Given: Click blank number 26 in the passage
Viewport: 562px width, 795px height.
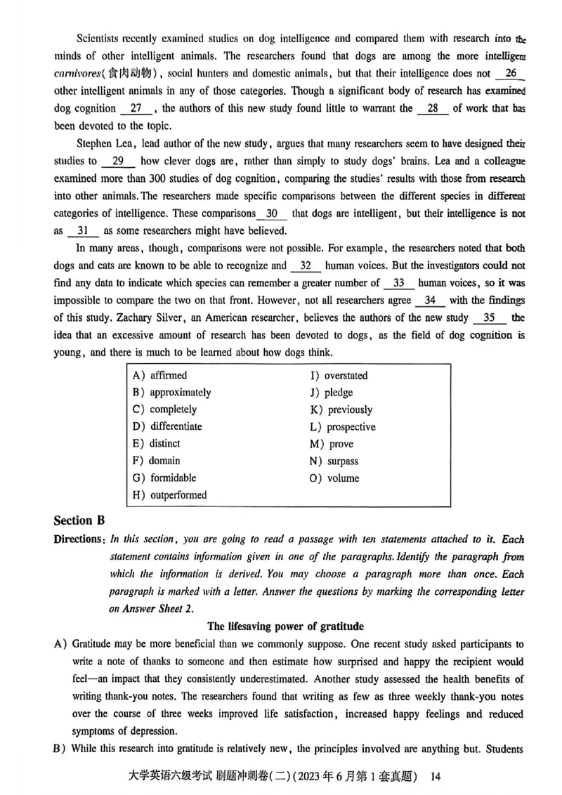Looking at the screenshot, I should [x=511, y=73].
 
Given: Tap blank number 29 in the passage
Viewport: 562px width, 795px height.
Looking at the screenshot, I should [x=118, y=161].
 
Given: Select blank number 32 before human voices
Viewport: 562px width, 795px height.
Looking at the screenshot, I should [x=306, y=265].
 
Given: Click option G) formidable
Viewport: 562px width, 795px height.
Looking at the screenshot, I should [x=164, y=478].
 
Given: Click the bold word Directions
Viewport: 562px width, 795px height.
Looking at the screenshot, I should [x=79, y=539].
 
